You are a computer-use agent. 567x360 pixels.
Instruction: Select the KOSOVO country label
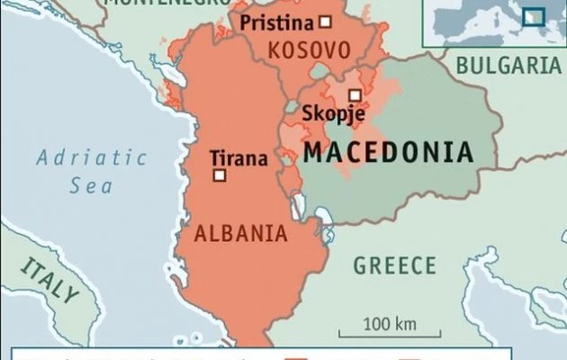tap(307, 49)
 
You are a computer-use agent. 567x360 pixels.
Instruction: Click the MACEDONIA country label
tap(388, 151)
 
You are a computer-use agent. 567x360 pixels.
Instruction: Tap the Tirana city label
tap(238, 158)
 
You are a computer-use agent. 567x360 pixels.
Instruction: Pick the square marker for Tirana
tap(219, 175)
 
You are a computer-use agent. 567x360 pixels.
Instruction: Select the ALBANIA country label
tap(241, 234)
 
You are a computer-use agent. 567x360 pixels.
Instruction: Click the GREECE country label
tap(394, 265)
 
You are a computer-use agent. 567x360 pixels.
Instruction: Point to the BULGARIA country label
tap(509, 65)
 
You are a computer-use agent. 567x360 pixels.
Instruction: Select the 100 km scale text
tap(391, 322)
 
